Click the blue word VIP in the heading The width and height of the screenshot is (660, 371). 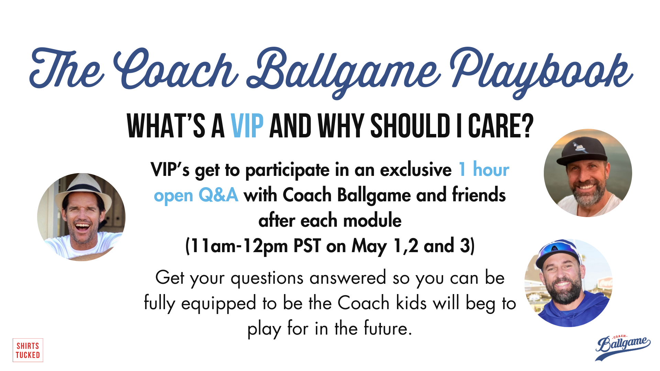pos(247,126)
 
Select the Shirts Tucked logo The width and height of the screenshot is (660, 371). pos(28,350)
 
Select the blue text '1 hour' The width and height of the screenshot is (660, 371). pos(484,170)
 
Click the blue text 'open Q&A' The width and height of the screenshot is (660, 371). pos(196,195)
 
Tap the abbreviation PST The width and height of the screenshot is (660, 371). pos(307,246)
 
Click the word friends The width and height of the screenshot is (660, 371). pos(478,195)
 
